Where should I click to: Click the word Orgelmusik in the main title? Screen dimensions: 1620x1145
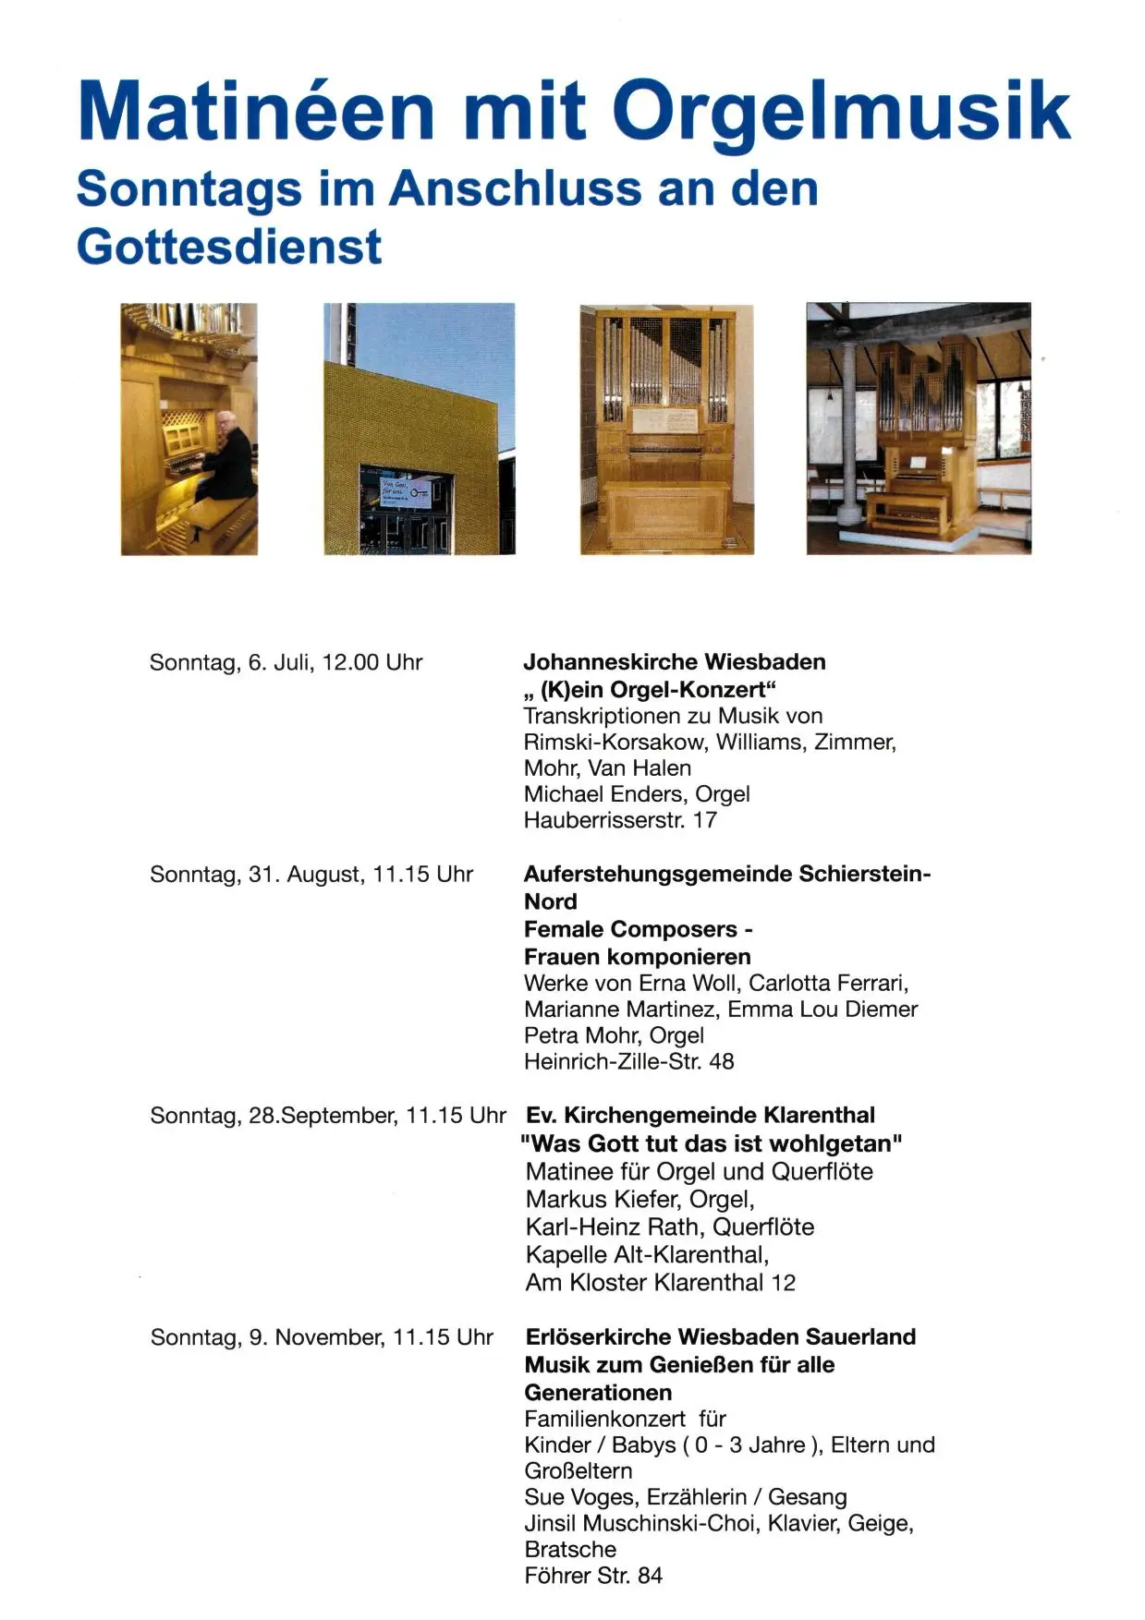click(x=840, y=113)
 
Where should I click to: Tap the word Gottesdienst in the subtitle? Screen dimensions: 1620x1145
click(x=228, y=247)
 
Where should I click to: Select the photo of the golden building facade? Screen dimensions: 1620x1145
click(x=419, y=429)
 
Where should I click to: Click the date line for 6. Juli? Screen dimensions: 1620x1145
click(x=286, y=663)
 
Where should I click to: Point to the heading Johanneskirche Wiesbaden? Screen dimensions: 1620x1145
click(x=674, y=662)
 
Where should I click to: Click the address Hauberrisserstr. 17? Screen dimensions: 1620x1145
click(x=619, y=820)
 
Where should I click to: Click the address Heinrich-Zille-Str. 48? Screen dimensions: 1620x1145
click(x=628, y=1062)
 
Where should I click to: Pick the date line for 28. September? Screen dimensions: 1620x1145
click(x=327, y=1116)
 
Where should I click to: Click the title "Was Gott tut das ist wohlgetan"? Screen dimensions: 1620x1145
click(x=711, y=1143)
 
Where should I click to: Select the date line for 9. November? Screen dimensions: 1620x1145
click(x=322, y=1337)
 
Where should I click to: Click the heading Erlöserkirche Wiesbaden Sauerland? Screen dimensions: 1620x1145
click(x=720, y=1337)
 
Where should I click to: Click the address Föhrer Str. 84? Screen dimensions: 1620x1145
click(x=592, y=1576)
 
